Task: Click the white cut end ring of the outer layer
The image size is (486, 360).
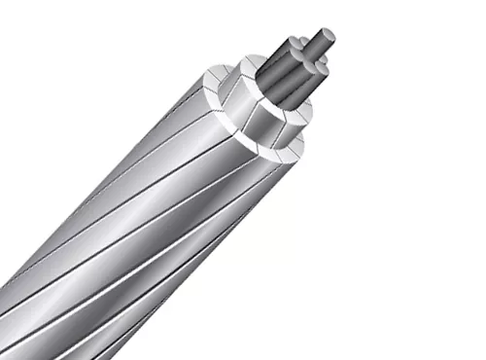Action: (x=292, y=146)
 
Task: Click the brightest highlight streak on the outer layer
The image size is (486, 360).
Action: (x=146, y=195)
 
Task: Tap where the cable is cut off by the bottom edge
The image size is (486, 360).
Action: (x=87, y=356)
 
